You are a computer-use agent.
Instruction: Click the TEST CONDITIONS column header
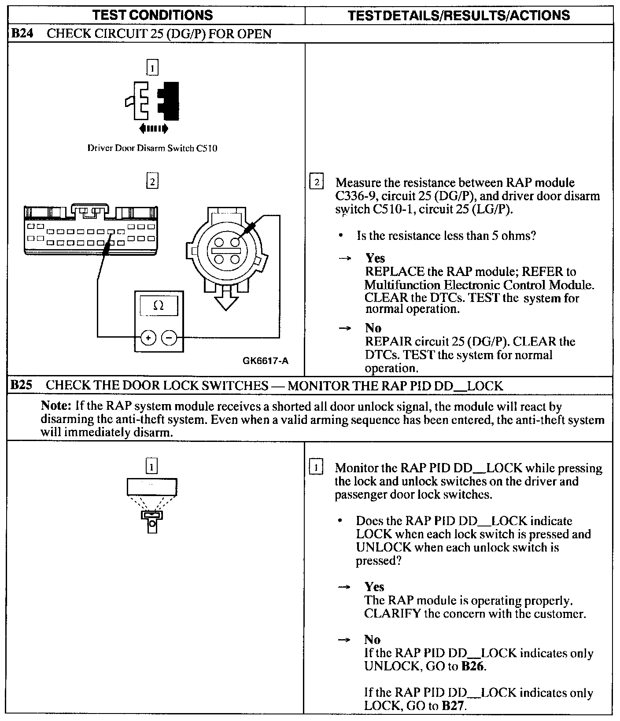coord(153,15)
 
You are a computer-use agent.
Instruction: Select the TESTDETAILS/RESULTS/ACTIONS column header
coord(459,15)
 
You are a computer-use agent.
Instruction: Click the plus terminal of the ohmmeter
coord(148,338)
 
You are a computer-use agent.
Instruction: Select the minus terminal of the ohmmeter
coord(170,338)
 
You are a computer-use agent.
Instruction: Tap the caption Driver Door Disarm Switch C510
coord(152,148)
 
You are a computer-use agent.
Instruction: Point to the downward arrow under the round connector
coord(225,299)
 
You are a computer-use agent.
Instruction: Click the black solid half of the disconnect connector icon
coord(170,101)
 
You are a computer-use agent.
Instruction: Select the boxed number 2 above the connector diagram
coord(152,181)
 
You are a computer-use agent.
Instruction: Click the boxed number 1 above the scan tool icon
coord(151,467)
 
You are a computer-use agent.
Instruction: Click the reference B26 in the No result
coord(472,666)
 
